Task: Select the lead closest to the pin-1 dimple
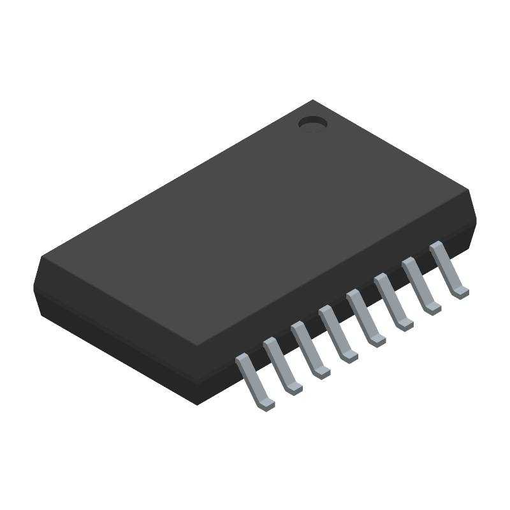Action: [447, 268]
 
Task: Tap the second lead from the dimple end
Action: [419, 283]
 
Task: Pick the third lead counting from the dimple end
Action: [391, 299]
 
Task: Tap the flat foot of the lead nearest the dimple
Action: [460, 293]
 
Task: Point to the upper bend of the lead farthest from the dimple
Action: [242, 360]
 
